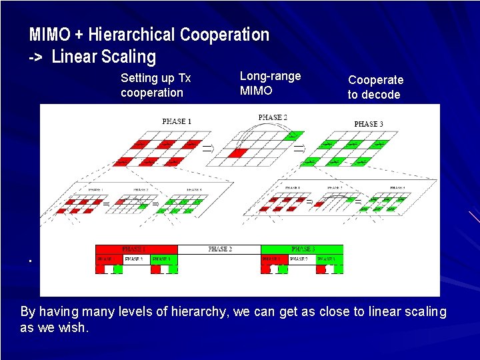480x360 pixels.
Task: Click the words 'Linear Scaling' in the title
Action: [x=103, y=57]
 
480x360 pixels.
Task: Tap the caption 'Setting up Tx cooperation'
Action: [x=155, y=85]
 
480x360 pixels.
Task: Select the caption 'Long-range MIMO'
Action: [x=270, y=83]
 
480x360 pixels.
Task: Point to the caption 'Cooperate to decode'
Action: [x=375, y=87]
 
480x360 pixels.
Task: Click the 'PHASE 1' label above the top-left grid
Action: [x=177, y=121]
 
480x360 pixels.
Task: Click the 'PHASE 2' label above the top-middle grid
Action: [x=273, y=117]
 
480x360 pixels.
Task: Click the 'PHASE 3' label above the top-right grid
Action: [x=369, y=124]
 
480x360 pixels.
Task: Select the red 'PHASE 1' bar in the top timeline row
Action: [x=137, y=249]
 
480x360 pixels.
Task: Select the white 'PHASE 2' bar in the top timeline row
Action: [x=219, y=249]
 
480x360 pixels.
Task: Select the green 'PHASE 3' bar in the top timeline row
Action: [x=302, y=249]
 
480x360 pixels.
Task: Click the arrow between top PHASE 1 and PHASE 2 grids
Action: [x=207, y=149]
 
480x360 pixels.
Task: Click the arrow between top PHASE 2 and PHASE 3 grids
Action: [x=299, y=148]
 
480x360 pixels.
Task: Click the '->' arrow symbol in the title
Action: [x=36, y=57]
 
